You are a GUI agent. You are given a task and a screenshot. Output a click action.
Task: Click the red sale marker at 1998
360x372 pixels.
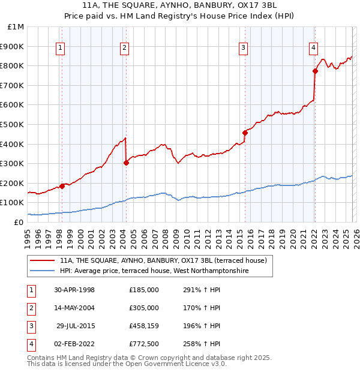(62, 187)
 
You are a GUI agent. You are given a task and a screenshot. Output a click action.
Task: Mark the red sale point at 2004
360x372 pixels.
(126, 163)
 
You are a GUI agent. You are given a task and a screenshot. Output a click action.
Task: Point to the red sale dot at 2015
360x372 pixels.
(245, 133)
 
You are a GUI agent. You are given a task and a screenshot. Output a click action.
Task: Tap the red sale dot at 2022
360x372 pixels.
(315, 71)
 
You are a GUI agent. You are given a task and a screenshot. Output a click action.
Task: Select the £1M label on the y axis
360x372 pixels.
(16, 26)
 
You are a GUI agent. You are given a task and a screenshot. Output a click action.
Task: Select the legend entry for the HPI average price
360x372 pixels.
(154, 271)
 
